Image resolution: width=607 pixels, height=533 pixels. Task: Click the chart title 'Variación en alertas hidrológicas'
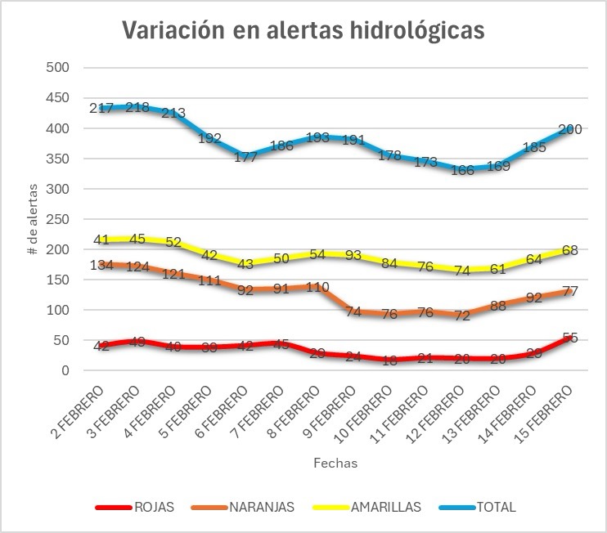[x=303, y=29]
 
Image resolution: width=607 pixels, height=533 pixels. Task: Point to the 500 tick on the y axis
[x=61, y=68]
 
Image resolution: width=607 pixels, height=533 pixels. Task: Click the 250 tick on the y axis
[x=61, y=219]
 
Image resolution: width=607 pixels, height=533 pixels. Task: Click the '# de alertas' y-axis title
[x=34, y=219]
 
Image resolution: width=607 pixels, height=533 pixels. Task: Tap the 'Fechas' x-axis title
[x=335, y=463]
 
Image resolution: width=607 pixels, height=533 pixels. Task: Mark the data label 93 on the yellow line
[x=353, y=255]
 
